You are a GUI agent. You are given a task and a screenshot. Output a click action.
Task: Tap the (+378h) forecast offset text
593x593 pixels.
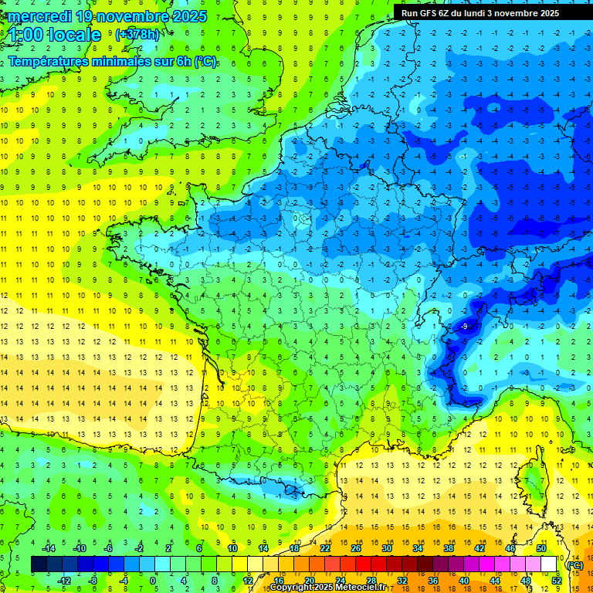click(138, 35)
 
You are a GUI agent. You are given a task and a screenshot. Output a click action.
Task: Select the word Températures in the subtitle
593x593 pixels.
click(50, 61)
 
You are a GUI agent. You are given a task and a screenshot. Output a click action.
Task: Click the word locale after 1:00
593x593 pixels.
click(74, 35)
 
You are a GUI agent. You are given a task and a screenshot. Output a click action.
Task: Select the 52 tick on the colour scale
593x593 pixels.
click(556, 581)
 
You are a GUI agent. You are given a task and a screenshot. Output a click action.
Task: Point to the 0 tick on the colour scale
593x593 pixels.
click(152, 581)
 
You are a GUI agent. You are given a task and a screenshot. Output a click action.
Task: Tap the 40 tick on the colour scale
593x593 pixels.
click(464, 581)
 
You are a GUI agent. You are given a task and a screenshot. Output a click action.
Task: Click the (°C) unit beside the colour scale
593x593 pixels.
click(574, 564)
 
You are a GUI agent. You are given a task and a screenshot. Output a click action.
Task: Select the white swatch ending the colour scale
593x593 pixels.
click(548, 564)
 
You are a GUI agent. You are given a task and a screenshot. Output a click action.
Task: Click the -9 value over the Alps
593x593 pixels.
click(464, 327)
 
